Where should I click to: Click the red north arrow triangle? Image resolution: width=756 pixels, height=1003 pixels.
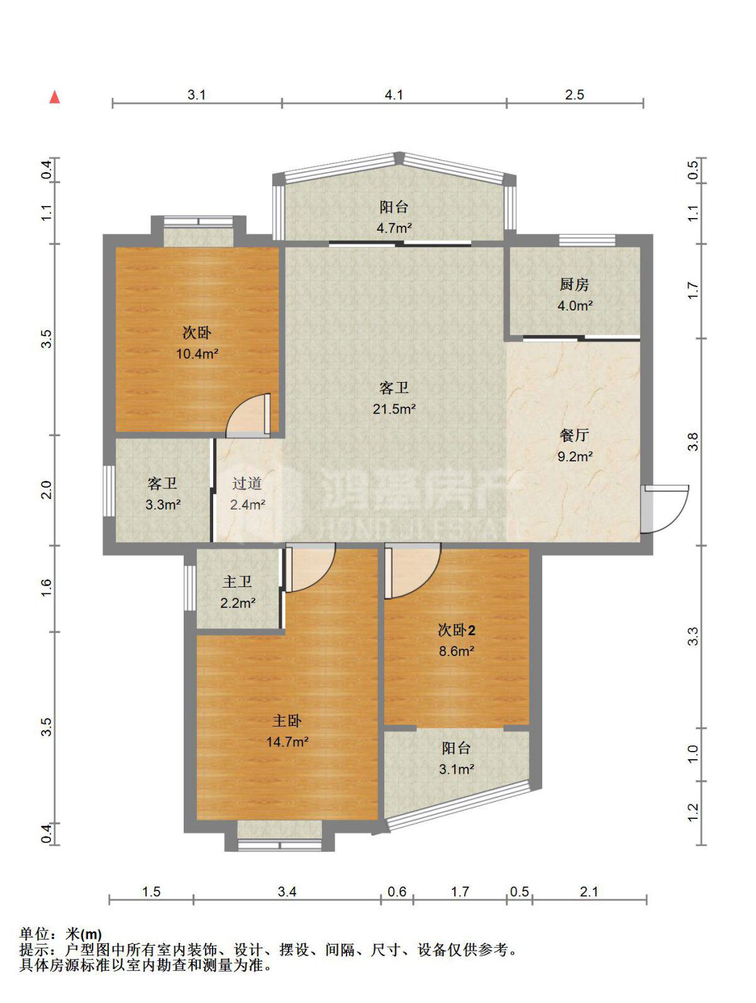[x=55, y=97]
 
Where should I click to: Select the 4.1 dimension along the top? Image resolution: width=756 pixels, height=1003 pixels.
[x=393, y=95]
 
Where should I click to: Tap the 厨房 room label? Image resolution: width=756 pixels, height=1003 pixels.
[x=574, y=285]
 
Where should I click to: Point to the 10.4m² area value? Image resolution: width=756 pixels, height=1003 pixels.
[x=197, y=353]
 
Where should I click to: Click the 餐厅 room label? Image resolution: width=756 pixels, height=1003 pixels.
[x=574, y=435]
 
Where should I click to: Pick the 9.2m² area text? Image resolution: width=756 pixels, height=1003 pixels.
[x=575, y=456]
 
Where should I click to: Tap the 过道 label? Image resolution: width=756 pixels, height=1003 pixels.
[x=247, y=483]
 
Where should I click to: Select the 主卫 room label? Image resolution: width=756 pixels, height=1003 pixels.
[x=237, y=582]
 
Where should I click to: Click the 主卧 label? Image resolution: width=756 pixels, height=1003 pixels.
[x=287, y=721]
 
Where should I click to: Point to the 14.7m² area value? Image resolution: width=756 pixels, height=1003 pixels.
[x=287, y=742]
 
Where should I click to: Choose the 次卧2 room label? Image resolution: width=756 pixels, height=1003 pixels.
[x=457, y=630]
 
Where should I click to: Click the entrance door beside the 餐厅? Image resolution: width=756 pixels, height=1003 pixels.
[x=664, y=508]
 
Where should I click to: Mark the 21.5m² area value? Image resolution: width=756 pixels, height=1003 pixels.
[x=394, y=408]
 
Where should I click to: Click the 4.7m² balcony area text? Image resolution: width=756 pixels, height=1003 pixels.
[x=394, y=227]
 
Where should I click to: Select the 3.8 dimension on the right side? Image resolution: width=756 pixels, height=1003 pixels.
[x=693, y=441]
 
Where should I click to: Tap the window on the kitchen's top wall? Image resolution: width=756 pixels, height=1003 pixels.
[x=587, y=239]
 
